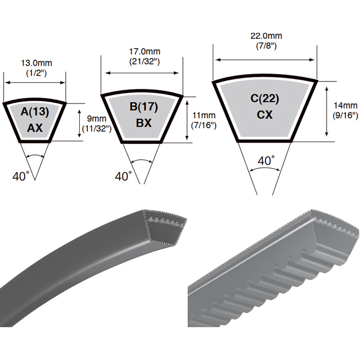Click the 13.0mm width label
(36, 63)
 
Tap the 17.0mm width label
(144, 51)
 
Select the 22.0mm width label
(266, 36)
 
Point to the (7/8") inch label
(266, 46)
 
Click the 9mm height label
(97, 119)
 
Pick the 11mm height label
(204, 115)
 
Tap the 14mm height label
(346, 105)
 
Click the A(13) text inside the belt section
(35, 112)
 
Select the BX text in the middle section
(144, 123)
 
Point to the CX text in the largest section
(265, 115)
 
